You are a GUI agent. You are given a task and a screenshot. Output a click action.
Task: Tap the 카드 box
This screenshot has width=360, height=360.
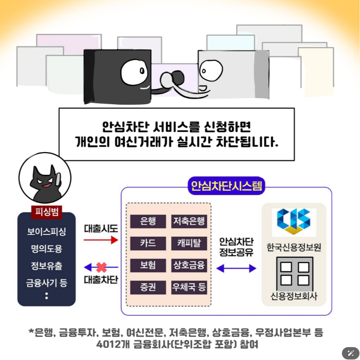[148, 243]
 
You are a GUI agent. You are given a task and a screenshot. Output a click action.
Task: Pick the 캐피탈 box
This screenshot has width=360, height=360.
[189, 243]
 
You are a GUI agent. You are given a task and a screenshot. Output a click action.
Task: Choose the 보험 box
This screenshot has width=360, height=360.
[148, 265]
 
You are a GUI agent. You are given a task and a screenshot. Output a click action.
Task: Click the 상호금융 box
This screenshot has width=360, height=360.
[189, 265]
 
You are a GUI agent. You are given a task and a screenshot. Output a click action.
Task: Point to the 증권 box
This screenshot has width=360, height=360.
[148, 287]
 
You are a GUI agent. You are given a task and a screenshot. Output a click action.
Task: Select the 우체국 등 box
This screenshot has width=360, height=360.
[189, 287]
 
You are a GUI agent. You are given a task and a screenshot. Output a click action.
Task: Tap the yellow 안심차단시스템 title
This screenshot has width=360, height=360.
[226, 186]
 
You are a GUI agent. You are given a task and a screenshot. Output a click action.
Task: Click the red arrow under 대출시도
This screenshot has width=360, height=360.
[101, 240]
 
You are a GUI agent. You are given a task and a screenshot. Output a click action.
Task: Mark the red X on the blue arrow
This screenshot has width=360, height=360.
[101, 268]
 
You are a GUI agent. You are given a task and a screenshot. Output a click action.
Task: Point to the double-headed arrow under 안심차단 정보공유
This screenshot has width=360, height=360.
[236, 268]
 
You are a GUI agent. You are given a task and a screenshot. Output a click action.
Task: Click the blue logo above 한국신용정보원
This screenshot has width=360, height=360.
[293, 221]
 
